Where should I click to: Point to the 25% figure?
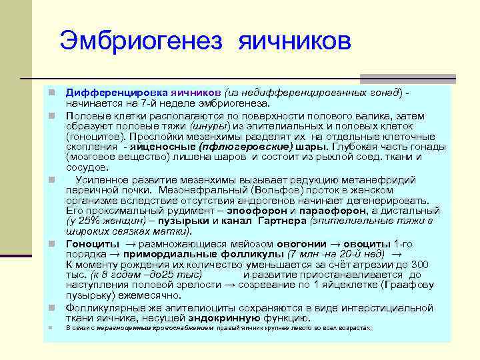click(92, 221)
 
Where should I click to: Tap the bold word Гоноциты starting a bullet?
click(92, 243)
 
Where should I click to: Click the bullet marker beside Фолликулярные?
click(50, 308)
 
